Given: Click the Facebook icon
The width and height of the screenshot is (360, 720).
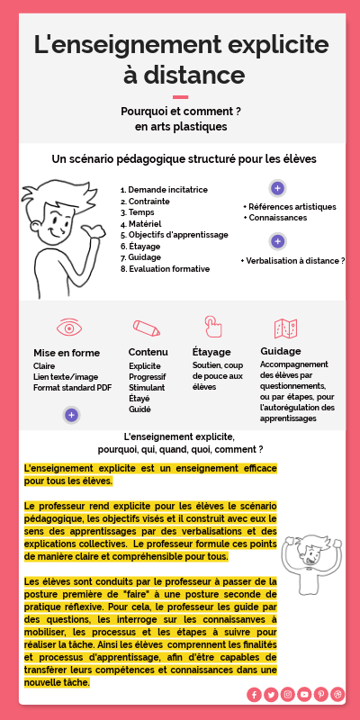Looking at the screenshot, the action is click(255, 694).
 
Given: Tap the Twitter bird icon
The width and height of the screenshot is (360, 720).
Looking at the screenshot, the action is click(271, 694).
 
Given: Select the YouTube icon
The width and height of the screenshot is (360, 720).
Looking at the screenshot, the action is click(304, 694).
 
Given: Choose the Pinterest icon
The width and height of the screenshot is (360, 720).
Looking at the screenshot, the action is click(320, 694).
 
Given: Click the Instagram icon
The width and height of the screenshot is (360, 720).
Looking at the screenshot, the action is click(288, 694).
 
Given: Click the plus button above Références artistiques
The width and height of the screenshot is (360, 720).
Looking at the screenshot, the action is click(278, 188).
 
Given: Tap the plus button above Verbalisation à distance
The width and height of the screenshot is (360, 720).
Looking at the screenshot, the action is click(278, 241).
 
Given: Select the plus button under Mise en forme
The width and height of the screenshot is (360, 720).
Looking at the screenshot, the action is click(71, 415).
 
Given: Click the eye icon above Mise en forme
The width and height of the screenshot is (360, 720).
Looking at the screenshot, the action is click(68, 327).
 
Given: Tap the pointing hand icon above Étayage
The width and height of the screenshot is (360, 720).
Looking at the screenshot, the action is click(212, 326).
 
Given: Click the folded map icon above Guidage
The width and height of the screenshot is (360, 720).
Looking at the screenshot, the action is click(286, 328).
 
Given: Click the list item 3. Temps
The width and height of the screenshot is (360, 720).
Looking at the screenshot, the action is click(138, 212).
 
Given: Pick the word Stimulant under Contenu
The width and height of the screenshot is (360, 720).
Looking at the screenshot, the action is click(148, 388).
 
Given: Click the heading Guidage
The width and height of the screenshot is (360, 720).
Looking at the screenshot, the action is click(280, 350).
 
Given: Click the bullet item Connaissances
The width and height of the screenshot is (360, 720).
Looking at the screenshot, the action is click(278, 218).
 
